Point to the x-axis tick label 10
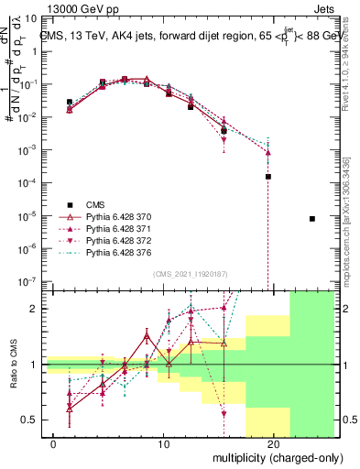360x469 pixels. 164,443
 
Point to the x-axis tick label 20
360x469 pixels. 274,443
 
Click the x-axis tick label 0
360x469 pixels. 54,443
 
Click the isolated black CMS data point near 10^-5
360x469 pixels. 312,219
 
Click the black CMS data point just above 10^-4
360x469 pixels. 268,176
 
